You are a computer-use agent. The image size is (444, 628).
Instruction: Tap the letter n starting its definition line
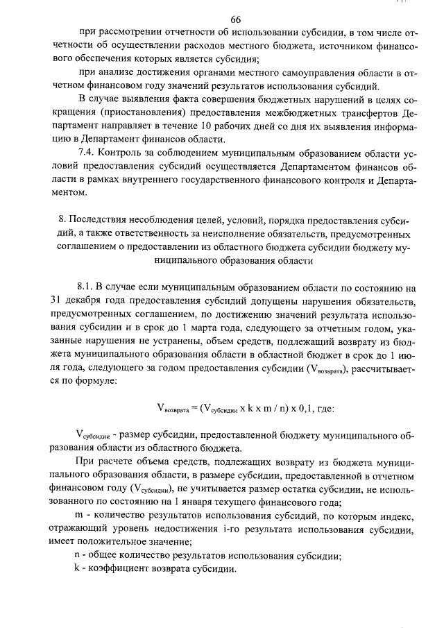[x=78, y=555]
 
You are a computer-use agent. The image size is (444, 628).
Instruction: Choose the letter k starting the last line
[x=77, y=569]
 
